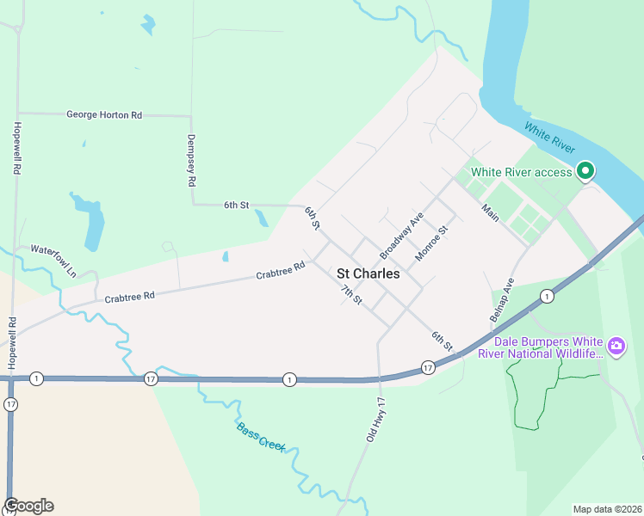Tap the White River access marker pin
pyautogui.click(x=585, y=171)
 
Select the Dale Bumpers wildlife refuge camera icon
pyautogui.click(x=616, y=346)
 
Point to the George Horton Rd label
pyautogui.click(x=103, y=114)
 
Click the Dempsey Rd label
pyautogui.click(x=192, y=161)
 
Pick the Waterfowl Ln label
pyautogui.click(x=53, y=261)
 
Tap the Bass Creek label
pyautogui.click(x=260, y=438)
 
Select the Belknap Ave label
pyautogui.click(x=501, y=299)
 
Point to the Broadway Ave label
pyautogui.click(x=403, y=236)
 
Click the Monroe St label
pyautogui.click(x=432, y=243)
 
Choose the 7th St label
pyautogui.click(x=351, y=294)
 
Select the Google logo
pyautogui.click(x=28, y=506)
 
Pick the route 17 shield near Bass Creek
pyautogui.click(x=152, y=379)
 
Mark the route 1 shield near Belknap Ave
pyautogui.click(x=547, y=296)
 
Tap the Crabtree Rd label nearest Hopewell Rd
pyautogui.click(x=129, y=297)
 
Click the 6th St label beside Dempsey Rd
pyautogui.click(x=236, y=205)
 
